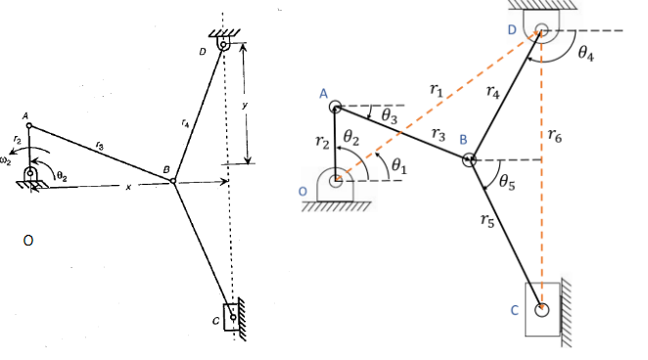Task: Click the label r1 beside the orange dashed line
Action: pos(436,90)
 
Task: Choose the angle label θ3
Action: pos(389,115)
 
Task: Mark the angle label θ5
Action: pos(508,181)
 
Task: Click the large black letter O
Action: pos(29,238)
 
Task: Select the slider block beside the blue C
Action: pos(544,309)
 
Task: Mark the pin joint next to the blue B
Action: pos(470,158)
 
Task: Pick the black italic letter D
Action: pos(201,51)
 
